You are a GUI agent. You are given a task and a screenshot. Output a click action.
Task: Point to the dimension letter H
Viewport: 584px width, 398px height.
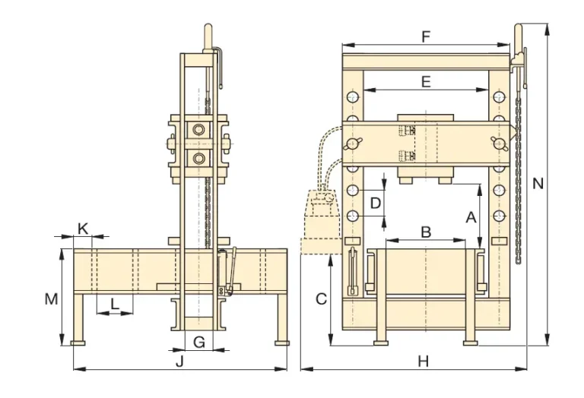(x=424, y=361)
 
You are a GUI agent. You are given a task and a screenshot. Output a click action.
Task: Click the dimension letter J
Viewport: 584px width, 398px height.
(x=179, y=361)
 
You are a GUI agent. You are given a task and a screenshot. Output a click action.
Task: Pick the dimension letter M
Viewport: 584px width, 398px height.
(x=50, y=299)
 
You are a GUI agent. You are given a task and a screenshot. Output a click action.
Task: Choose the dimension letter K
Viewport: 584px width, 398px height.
(x=84, y=228)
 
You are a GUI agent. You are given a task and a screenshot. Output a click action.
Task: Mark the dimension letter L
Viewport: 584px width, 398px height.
(x=114, y=304)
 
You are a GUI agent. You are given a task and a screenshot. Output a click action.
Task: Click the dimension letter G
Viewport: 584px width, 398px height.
(x=198, y=342)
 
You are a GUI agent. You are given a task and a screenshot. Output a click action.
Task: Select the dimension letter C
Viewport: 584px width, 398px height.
(x=321, y=299)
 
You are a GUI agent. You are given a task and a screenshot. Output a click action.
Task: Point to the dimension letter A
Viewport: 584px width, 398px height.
(x=471, y=217)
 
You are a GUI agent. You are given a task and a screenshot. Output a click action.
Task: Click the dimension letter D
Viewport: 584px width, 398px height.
(x=375, y=203)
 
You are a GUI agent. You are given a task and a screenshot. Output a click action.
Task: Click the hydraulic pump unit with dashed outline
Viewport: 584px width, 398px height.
(x=322, y=216)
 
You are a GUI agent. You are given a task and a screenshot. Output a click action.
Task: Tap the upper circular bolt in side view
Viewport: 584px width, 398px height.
(x=199, y=131)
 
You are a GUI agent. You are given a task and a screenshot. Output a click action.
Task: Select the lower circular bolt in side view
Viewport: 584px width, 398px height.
(x=199, y=159)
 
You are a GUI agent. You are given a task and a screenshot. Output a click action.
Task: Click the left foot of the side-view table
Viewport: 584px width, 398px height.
(x=78, y=343)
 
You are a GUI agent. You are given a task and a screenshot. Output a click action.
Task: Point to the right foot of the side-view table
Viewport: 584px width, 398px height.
(x=283, y=343)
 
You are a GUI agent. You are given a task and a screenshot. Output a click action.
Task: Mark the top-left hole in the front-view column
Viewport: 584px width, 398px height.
(x=352, y=97)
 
